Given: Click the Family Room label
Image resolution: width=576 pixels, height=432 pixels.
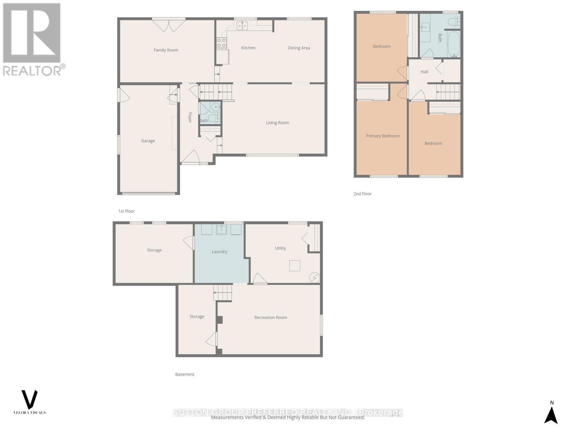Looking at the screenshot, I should pyautogui.click(x=166, y=50).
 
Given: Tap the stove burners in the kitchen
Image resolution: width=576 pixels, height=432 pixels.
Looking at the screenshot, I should pyautogui.click(x=221, y=43).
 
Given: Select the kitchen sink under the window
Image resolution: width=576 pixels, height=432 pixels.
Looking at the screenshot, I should pyautogui.click(x=242, y=25).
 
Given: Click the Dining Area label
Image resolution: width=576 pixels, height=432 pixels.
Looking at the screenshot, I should pyautogui.click(x=299, y=48).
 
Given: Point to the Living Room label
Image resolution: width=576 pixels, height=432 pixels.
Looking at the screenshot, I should pyautogui.click(x=277, y=123).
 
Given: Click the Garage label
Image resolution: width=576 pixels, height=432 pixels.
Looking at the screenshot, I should pyautogui.click(x=148, y=141).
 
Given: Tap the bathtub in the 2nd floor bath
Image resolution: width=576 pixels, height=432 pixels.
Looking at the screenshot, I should pyautogui.click(x=454, y=44).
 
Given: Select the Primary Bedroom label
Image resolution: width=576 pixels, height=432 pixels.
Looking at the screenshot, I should pyautogui.click(x=382, y=136).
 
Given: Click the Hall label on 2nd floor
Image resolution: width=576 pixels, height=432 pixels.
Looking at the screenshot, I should pyautogui.click(x=424, y=72).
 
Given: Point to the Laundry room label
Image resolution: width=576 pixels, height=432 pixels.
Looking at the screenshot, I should pyautogui.click(x=219, y=252).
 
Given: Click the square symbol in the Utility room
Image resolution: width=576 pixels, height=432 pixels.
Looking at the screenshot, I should pyautogui.click(x=294, y=266).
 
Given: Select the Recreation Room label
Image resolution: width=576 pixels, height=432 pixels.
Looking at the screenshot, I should pyautogui.click(x=270, y=318).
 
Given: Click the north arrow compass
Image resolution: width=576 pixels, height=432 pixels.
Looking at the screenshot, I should pyautogui.click(x=551, y=414).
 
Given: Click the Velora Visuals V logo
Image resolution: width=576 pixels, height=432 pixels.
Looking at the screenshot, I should pyautogui.click(x=30, y=400).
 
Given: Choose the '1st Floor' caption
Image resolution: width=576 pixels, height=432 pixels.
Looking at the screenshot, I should pyautogui.click(x=126, y=211).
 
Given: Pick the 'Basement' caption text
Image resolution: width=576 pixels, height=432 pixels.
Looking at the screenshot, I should pyautogui.click(x=185, y=374).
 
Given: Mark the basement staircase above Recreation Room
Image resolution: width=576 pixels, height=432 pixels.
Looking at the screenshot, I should pyautogui.click(x=222, y=292).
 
